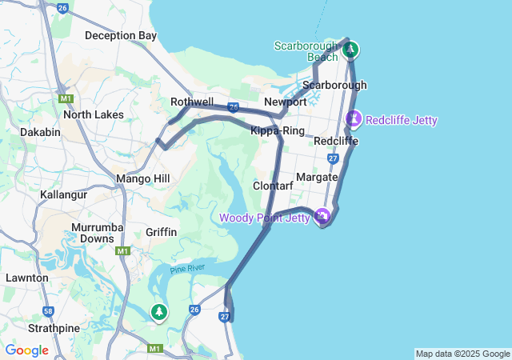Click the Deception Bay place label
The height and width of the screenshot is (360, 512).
coord(121,35)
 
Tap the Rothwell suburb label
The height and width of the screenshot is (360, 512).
coord(192,102)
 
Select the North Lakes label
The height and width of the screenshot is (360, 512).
coord(94,114)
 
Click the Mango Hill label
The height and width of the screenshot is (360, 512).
coord(142,178)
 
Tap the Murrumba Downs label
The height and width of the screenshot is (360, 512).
coord(97,233)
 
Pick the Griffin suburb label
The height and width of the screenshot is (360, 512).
coord(162,232)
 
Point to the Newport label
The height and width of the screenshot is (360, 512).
coord(286,102)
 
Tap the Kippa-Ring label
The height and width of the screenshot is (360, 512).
coord(277,130)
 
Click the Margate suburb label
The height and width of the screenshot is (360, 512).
coord(317,177)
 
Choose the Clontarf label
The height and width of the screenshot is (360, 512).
coord(274,186)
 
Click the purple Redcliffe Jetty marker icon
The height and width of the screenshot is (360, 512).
coord(354,119)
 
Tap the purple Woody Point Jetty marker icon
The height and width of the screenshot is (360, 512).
coord(322,216)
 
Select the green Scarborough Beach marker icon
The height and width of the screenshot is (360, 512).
coord(350,50)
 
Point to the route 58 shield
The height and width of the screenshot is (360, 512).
coord(50,311)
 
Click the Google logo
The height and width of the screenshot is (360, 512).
coord(26,350)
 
